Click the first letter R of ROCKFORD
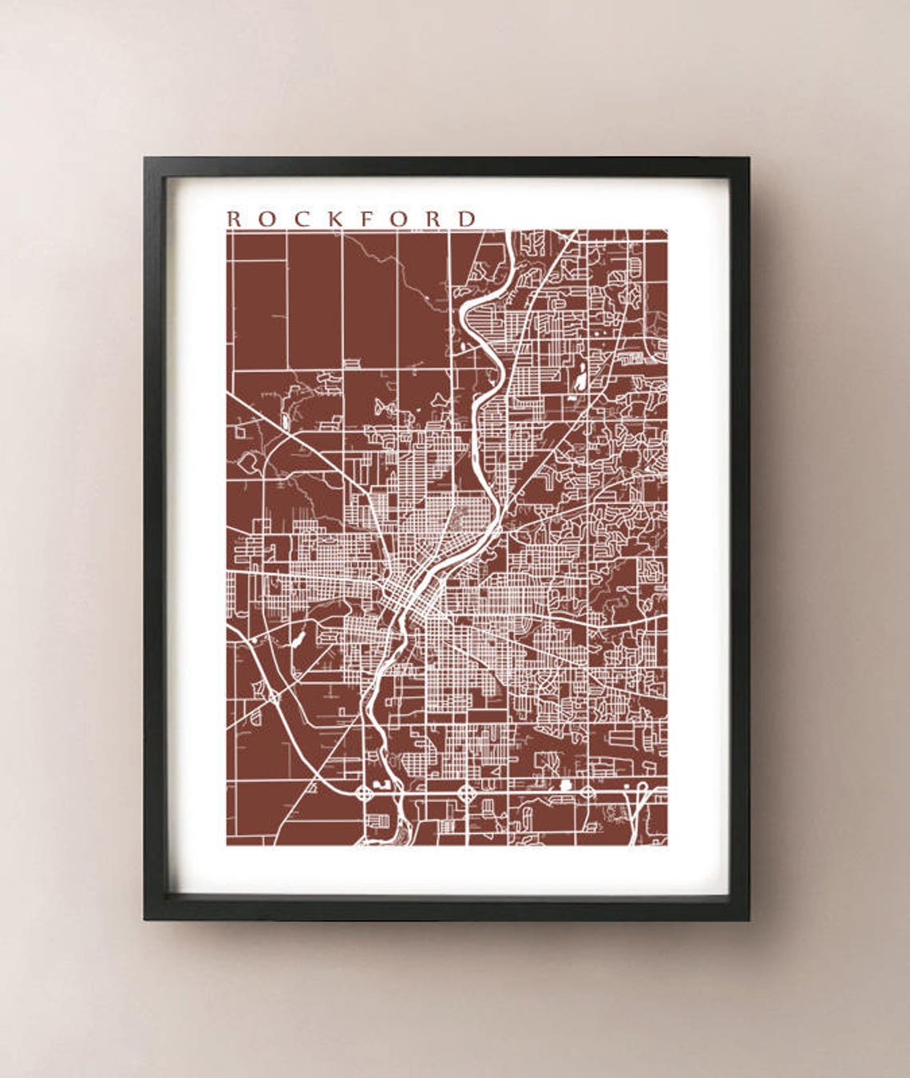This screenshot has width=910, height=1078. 234,218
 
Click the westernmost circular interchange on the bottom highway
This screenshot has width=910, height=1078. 365,793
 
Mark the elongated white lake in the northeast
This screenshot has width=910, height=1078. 580,379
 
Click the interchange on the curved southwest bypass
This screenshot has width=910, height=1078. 273,697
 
